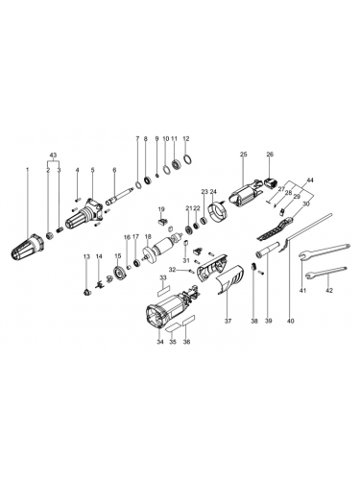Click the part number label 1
click(26, 171)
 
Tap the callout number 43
click(54, 156)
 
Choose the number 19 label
click(162, 209)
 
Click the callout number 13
click(85, 256)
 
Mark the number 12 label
click(186, 138)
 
